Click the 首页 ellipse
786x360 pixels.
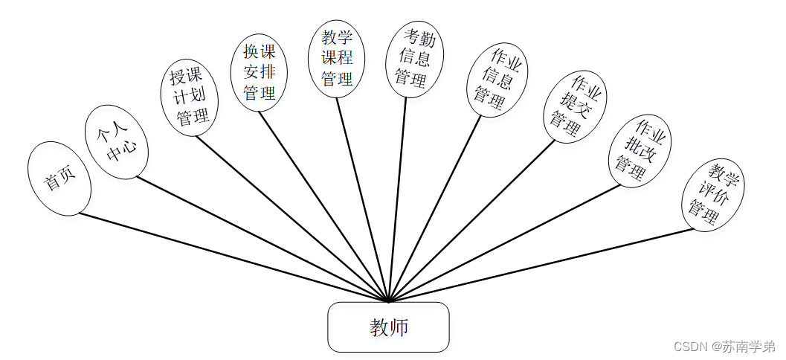[x=59, y=179]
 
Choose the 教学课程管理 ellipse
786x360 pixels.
[x=337, y=59]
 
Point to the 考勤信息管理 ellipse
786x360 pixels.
[x=414, y=59]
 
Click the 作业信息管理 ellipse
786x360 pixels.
[x=497, y=80]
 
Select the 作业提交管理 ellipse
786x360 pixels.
[x=575, y=106]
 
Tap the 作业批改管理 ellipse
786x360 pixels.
[x=640, y=151]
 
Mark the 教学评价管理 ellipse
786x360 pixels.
[x=713, y=194]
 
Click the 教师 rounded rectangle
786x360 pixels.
[x=388, y=327]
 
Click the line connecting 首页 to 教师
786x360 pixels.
[x=233, y=257]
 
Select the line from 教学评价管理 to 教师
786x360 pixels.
[x=541, y=265]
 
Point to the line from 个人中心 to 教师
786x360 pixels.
[x=262, y=239]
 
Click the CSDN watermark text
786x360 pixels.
[x=689, y=347]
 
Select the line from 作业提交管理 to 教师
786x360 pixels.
[x=471, y=221]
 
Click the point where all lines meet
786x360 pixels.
[x=388, y=301]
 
